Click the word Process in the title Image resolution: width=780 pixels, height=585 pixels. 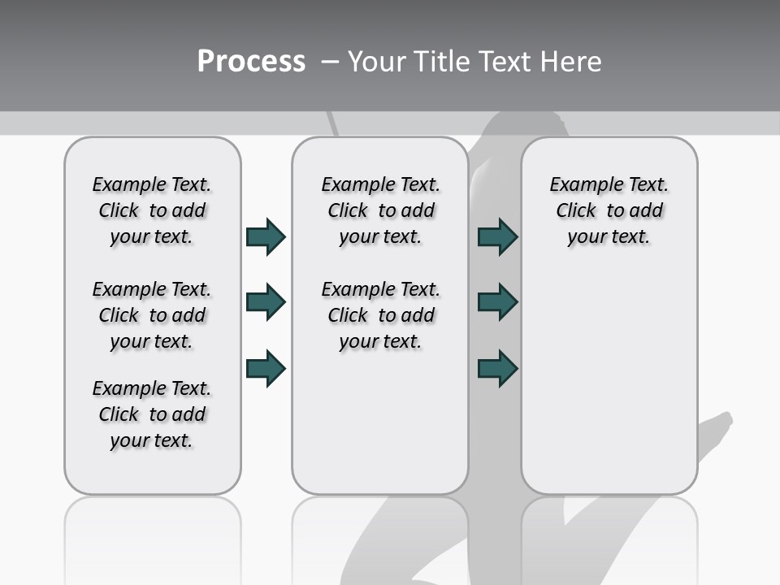[x=251, y=62]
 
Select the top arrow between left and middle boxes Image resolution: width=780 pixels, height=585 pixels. [x=266, y=236]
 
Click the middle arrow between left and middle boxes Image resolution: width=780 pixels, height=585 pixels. [x=266, y=302]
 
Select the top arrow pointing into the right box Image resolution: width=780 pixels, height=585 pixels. [x=497, y=236]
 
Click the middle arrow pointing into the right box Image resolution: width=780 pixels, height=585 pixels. [x=497, y=302]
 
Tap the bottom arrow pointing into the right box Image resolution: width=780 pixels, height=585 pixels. [x=497, y=368]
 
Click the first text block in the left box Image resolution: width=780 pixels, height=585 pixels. [x=152, y=210]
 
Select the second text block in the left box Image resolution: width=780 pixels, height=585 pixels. [x=152, y=315]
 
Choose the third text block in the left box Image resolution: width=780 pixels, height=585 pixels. [x=152, y=414]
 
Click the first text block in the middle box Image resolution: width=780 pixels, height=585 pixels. [x=380, y=210]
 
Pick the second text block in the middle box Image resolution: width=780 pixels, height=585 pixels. [x=380, y=315]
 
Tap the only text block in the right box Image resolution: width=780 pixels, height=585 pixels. [x=609, y=210]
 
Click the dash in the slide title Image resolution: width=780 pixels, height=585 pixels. [x=330, y=62]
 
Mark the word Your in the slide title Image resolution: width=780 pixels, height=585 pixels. [x=377, y=62]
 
